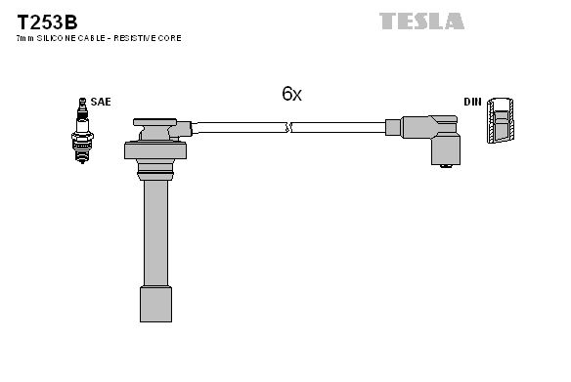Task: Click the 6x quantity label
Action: (291, 94)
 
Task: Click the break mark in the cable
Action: (289, 127)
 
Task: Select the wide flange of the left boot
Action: (154, 150)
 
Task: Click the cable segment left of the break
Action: (239, 127)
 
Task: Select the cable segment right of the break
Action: (337, 127)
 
